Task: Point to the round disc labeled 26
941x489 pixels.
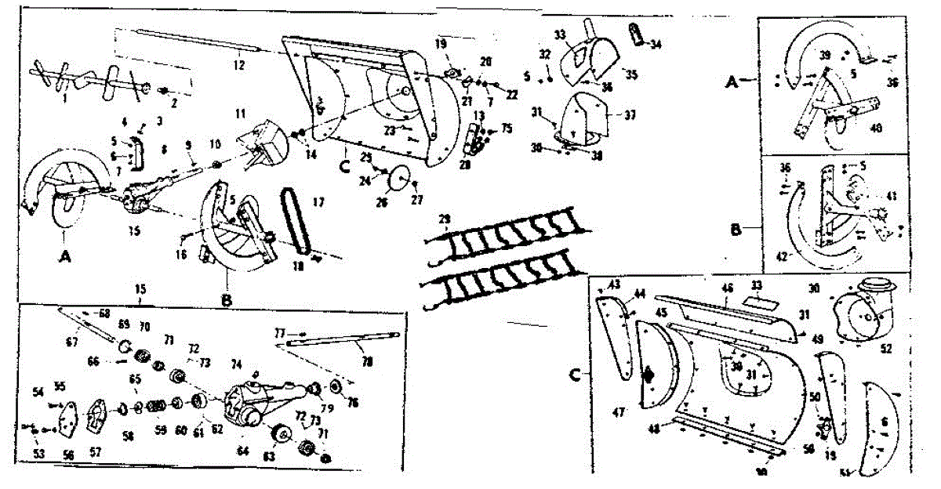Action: coord(401,180)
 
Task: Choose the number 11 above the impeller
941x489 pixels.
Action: coord(240,114)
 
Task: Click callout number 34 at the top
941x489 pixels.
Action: coord(656,44)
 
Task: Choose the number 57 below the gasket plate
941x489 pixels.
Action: coord(96,452)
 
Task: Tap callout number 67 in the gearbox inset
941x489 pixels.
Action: coord(73,342)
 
